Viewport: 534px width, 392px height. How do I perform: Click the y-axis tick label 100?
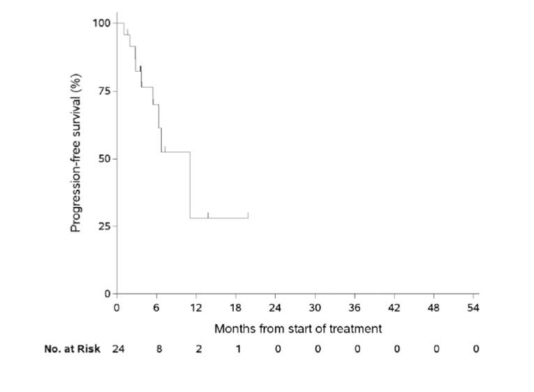pos(101,23)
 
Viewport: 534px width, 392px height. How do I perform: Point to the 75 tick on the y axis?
pos(103,91)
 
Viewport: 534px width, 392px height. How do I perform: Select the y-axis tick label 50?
pos(103,158)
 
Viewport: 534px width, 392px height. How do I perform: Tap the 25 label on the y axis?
pos(103,226)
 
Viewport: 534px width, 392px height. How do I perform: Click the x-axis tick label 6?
pos(156,307)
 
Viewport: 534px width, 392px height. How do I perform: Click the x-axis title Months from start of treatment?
pos(298,329)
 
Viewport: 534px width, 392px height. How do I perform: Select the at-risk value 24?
pos(117,349)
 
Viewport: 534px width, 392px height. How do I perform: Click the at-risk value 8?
pos(159,349)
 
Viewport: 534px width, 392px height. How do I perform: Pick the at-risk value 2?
pos(198,349)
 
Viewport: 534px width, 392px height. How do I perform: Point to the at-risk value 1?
pos(238,349)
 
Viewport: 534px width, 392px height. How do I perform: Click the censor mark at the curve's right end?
pos(248,215)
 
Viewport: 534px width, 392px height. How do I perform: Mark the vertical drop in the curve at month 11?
pos(190,185)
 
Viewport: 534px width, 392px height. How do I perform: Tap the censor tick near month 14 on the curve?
pos(208,215)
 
